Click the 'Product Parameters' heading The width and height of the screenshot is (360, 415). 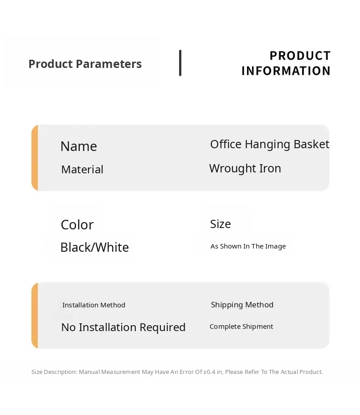tap(85, 64)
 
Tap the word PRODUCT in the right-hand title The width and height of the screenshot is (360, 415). tap(300, 56)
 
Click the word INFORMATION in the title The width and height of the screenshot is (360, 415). tap(286, 71)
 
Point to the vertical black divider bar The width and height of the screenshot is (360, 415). tap(180, 63)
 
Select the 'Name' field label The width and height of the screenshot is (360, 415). tap(79, 146)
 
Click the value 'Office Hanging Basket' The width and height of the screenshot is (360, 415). tap(269, 145)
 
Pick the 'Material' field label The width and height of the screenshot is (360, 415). tap(82, 169)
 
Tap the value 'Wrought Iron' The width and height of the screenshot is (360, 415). tap(245, 169)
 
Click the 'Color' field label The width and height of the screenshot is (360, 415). tap(77, 225)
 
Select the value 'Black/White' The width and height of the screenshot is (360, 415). tap(95, 247)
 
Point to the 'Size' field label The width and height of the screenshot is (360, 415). tap(221, 224)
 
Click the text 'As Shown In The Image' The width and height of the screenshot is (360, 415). tap(248, 246)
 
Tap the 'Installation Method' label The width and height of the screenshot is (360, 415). tap(94, 305)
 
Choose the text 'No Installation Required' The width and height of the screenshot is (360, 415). tap(123, 327)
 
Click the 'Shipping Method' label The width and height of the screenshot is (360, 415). tap(242, 305)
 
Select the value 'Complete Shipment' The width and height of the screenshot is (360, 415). tap(241, 327)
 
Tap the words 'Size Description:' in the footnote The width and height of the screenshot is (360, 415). tap(54, 372)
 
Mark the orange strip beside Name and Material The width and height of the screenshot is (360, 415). tap(35, 158)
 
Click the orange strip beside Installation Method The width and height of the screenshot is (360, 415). tap(35, 316)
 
